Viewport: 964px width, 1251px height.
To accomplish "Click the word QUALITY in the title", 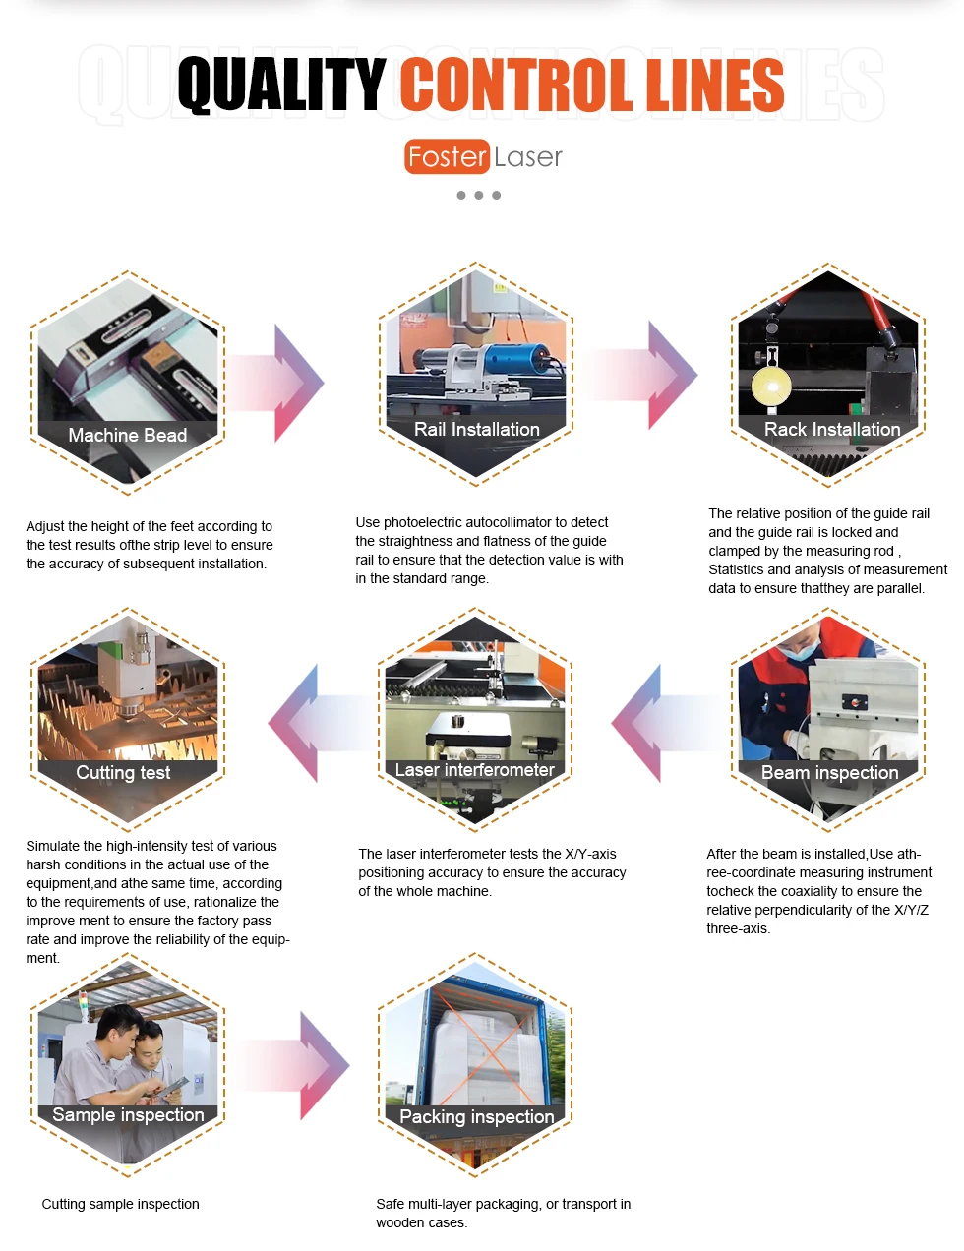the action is pyautogui.click(x=281, y=85).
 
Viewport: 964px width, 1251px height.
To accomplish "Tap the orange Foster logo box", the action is pyautogui.click(x=447, y=156).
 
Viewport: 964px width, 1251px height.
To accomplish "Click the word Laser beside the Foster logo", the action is pyautogui.click(x=528, y=157).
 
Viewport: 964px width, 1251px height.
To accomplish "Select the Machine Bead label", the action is pyautogui.click(x=127, y=435).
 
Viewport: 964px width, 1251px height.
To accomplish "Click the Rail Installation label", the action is pyautogui.click(x=476, y=429).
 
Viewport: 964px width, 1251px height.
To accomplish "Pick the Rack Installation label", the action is pyautogui.click(x=831, y=429).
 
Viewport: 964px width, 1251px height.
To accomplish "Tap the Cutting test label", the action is pyautogui.click(x=123, y=773).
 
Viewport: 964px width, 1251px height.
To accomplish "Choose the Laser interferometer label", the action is pyautogui.click(x=474, y=770).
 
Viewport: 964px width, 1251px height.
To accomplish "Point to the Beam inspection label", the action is pyautogui.click(x=829, y=773).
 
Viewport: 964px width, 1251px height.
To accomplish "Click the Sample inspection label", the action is pyautogui.click(x=128, y=1115).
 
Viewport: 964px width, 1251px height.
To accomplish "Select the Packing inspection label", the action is pyautogui.click(x=476, y=1117).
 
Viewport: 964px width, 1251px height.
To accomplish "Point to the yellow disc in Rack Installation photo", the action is pyautogui.click(x=771, y=386).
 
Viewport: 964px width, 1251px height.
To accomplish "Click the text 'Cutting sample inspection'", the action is pyautogui.click(x=120, y=1204).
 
